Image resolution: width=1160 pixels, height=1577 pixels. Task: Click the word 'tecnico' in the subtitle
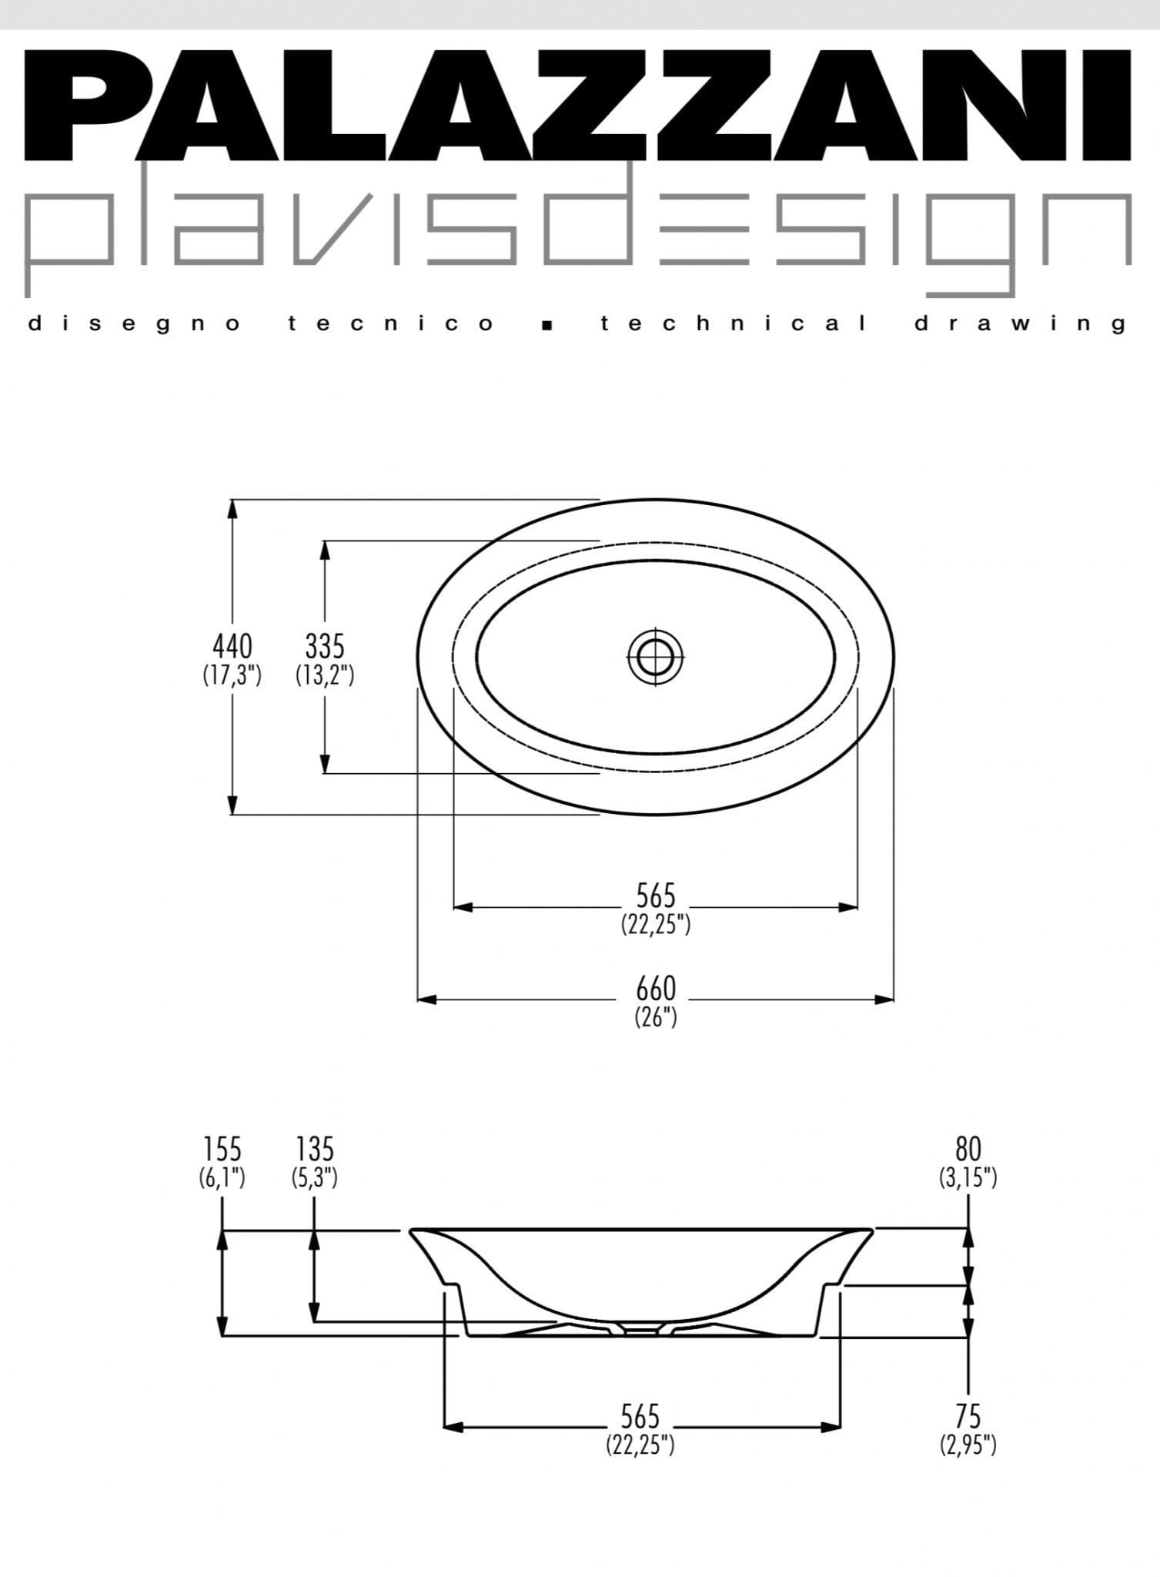coord(392,323)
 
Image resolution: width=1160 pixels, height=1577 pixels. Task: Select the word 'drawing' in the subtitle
coord(1021,324)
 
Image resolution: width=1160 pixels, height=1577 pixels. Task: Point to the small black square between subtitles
coord(547,325)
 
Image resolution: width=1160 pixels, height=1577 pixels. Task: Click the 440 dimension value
coord(232,646)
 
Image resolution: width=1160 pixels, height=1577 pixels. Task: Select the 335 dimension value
coord(325,646)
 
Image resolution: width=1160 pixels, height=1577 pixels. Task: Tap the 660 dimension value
coord(656,988)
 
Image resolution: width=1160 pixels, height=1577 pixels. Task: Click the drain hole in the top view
coord(656,657)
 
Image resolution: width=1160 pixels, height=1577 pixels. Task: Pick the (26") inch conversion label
coord(656,1017)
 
